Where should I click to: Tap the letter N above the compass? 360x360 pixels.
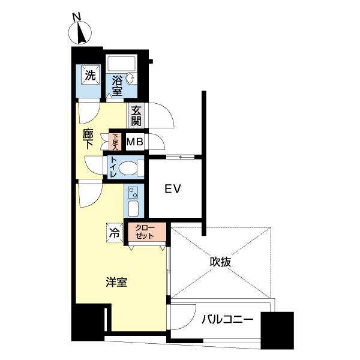coord(76,16)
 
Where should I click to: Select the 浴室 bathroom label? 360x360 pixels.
coord(116,85)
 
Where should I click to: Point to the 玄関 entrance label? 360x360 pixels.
coord(136,116)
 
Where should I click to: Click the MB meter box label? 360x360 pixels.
coord(135,143)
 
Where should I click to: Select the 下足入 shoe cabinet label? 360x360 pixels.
coord(115,142)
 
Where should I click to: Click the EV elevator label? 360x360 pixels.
coord(173,190)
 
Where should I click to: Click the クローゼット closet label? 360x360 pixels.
coord(145,232)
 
